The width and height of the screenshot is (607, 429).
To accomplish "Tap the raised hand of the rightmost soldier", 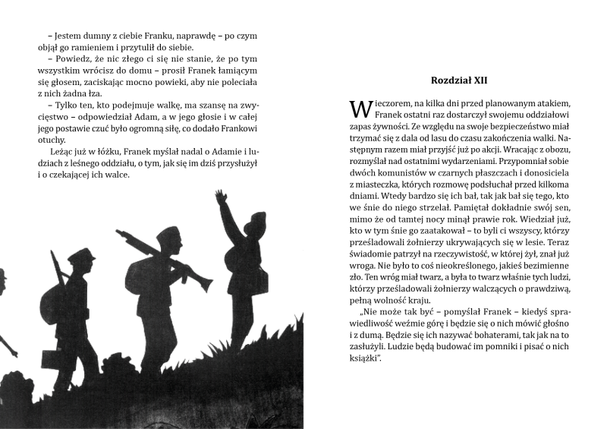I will pyautogui.click(x=220, y=197).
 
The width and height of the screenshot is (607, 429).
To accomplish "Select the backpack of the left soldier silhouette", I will pyautogui.click(x=55, y=297).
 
